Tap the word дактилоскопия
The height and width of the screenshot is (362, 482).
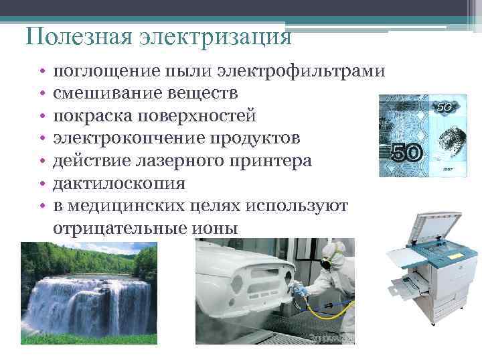point(120,183)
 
